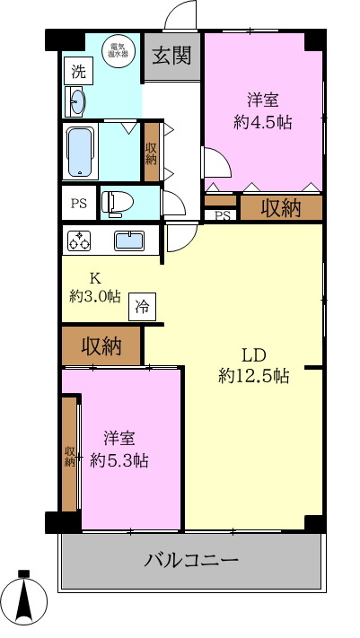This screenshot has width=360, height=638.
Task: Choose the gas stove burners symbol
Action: [79, 240]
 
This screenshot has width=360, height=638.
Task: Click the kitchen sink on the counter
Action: [131, 240]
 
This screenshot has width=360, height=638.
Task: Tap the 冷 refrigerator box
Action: [142, 307]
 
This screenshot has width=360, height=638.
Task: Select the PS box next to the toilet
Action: [78, 203]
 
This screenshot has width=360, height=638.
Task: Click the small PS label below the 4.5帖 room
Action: [221, 215]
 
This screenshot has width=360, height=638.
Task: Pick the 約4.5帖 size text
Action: [263, 122]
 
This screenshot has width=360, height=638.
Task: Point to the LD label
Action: [253, 353]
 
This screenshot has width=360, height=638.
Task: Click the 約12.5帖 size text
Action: [253, 377]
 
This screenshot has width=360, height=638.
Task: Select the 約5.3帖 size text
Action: [119, 461]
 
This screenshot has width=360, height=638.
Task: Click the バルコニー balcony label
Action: [191, 562]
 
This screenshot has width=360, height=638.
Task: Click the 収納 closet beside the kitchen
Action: [101, 345]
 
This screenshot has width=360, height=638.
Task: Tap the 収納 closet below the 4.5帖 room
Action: [280, 208]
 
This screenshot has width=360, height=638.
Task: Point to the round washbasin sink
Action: [77, 101]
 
